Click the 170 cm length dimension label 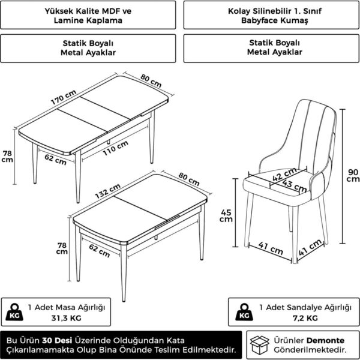[x=64, y=97]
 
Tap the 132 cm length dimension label [x=107, y=191]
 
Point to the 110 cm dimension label [x=115, y=148]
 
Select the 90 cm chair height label [x=353, y=175]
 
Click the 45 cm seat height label [x=226, y=216]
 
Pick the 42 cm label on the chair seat [x=284, y=175]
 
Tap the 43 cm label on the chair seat [x=295, y=186]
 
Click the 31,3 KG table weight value [x=67, y=318]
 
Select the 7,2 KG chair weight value [x=305, y=318]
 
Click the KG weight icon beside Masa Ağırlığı [x=14, y=312]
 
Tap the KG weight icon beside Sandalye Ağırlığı [x=244, y=312]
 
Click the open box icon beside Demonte [x=259, y=345]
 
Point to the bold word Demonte [x=325, y=340]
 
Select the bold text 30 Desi [x=57, y=340]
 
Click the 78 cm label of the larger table [x=7, y=157]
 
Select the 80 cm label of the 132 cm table [x=189, y=179]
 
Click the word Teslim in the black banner [x=170, y=350]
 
